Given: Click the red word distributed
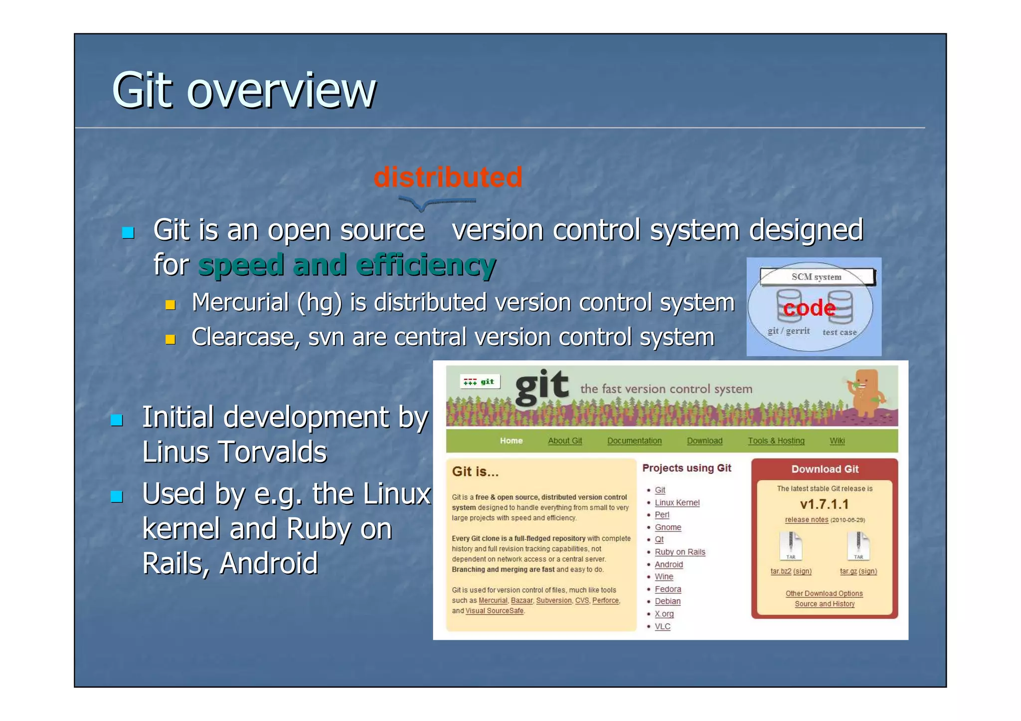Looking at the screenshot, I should point(448,177).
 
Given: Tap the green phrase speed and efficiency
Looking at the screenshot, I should point(347,265).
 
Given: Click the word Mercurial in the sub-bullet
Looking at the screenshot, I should point(240,302).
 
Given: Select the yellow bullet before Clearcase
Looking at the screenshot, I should point(170,340).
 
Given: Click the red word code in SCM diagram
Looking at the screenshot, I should point(809,308).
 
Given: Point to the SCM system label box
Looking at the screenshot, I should point(816,277).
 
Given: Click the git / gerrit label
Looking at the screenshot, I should point(788,331).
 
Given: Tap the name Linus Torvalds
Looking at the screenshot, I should point(234,451).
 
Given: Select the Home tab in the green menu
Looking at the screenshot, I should point(511,441).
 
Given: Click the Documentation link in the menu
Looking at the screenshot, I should point(634,441).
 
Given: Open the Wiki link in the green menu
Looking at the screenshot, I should point(837,441).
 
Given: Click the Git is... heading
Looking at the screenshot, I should point(475,471).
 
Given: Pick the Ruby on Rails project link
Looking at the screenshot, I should point(680,552).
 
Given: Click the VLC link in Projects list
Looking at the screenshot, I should point(662,626).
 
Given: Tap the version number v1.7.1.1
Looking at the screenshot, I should point(824,504).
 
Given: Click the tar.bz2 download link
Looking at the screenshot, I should point(781,571).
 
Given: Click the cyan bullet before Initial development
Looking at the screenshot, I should point(117,420).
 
